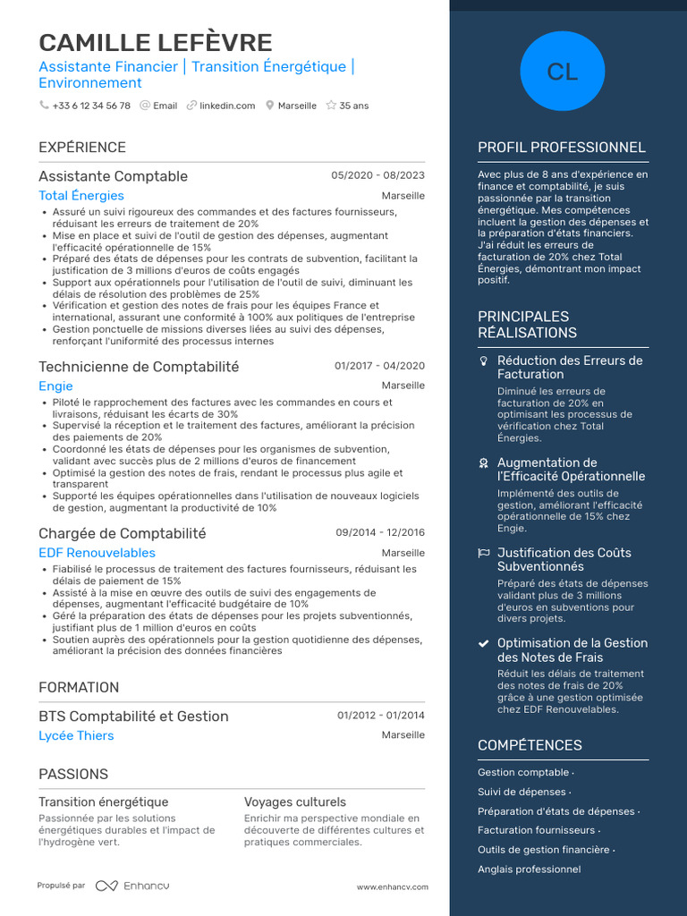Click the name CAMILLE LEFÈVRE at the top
click(x=156, y=42)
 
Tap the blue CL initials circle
click(x=563, y=72)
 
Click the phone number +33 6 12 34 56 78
click(x=91, y=106)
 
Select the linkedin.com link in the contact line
click(x=227, y=106)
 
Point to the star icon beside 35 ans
click(x=331, y=106)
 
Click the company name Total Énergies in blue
click(x=81, y=196)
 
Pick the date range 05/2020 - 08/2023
click(x=377, y=176)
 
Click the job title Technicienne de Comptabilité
click(x=139, y=367)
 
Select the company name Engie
click(x=55, y=386)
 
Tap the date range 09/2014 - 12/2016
click(x=380, y=533)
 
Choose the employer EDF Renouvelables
click(x=97, y=553)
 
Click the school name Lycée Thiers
click(x=76, y=736)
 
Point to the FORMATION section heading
click(x=79, y=688)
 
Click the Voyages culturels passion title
click(x=295, y=802)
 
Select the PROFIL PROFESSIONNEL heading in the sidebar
click(x=561, y=148)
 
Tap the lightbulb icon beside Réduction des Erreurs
click(x=483, y=361)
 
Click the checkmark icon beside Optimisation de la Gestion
click(x=483, y=643)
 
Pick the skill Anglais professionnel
click(x=529, y=869)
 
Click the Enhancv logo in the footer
click(x=132, y=886)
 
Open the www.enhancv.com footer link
click(x=392, y=887)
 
